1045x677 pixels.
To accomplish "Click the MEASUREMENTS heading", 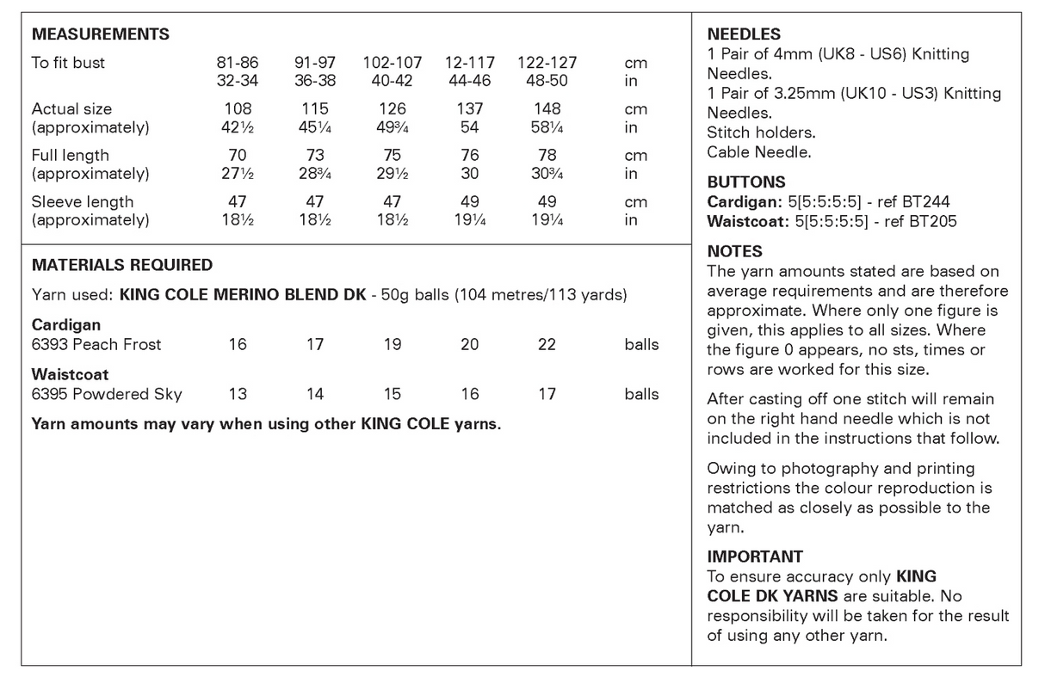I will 100,35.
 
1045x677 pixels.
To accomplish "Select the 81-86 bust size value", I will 238,63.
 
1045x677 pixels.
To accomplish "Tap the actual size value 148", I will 547,109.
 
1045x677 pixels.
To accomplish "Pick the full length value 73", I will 315,156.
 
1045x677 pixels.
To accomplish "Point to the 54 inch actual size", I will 470,127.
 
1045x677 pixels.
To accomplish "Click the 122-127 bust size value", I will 547,63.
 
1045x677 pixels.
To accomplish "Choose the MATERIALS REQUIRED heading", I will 121,265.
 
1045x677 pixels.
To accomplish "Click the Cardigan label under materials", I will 66,325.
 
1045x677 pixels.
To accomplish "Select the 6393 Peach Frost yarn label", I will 96,344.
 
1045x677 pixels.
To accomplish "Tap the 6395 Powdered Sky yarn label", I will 107,394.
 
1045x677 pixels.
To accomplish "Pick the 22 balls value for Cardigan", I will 547,344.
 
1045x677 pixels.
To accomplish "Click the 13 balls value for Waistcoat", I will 238,394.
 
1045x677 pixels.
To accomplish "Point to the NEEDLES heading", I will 744,35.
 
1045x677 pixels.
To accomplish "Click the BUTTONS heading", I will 746,182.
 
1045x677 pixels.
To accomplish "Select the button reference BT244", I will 923,202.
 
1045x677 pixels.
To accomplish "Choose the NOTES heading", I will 734,251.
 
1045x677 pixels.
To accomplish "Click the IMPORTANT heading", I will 755,557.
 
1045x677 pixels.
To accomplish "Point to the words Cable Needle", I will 758,152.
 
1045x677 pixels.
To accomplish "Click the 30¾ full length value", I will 547,174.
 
